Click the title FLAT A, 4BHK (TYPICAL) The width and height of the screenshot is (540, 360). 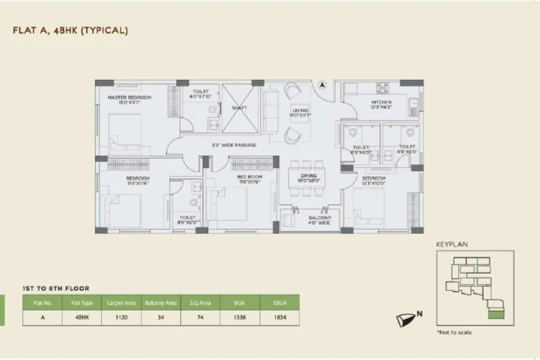pos(70,31)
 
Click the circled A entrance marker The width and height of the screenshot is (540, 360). pos(323,86)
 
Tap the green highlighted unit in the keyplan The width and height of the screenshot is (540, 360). pos(497,314)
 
